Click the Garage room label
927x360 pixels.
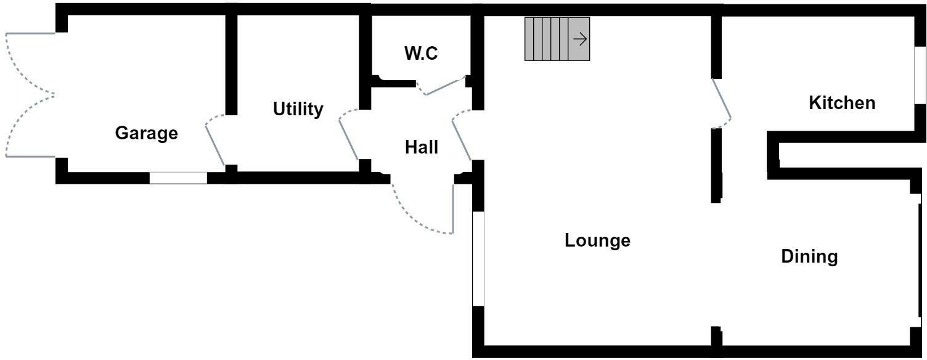click(x=147, y=133)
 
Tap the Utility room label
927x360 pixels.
click(x=298, y=109)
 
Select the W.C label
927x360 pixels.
click(x=421, y=54)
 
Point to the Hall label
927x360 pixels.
click(x=422, y=147)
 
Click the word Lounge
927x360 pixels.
click(x=597, y=240)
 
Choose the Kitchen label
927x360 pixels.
click(x=841, y=103)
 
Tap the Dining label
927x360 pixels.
click(x=809, y=256)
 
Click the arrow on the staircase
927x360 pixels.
click(x=579, y=39)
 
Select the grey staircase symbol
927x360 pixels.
click(x=549, y=39)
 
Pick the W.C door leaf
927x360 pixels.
click(x=445, y=86)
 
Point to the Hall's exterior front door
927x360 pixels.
click(x=453, y=207)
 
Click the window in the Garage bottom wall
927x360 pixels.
click(x=178, y=178)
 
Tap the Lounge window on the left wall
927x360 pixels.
click(x=478, y=259)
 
